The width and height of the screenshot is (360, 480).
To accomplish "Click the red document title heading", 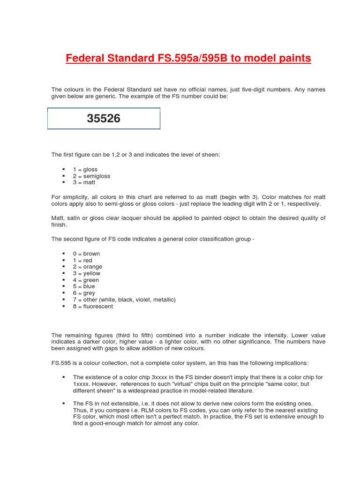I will (188, 59).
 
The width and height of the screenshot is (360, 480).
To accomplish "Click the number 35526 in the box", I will (104, 119).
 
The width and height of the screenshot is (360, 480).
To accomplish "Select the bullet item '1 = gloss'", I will (85, 169).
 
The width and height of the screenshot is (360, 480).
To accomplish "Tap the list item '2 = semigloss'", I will (91, 176).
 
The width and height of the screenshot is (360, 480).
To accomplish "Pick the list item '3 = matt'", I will (84, 182).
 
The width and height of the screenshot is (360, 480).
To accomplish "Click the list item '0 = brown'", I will (86, 254).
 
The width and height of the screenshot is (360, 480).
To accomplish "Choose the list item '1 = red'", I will (82, 260).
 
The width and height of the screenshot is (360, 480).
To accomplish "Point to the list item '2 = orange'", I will (87, 267).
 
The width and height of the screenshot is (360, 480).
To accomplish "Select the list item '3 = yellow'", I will (87, 273).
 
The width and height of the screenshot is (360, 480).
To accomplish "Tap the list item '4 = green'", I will (86, 280).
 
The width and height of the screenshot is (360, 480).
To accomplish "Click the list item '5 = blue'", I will (84, 286).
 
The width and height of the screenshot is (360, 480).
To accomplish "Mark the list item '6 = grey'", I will (84, 293).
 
